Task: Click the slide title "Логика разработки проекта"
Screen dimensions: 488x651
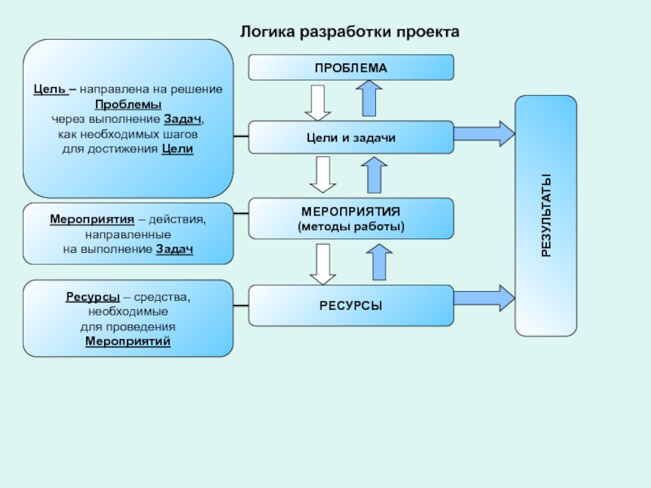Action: (x=350, y=33)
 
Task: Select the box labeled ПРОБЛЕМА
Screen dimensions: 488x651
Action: (x=351, y=68)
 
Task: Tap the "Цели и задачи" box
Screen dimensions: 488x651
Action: (x=351, y=137)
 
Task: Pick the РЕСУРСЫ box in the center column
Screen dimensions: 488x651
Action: (x=351, y=305)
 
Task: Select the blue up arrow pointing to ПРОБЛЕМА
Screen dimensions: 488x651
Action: (x=369, y=98)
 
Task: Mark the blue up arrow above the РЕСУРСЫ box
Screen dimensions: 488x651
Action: (x=377, y=262)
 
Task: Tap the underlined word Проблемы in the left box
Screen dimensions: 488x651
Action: (x=128, y=105)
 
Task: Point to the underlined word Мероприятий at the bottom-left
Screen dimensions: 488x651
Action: (x=128, y=341)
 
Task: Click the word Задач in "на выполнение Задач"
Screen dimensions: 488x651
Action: (x=174, y=249)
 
